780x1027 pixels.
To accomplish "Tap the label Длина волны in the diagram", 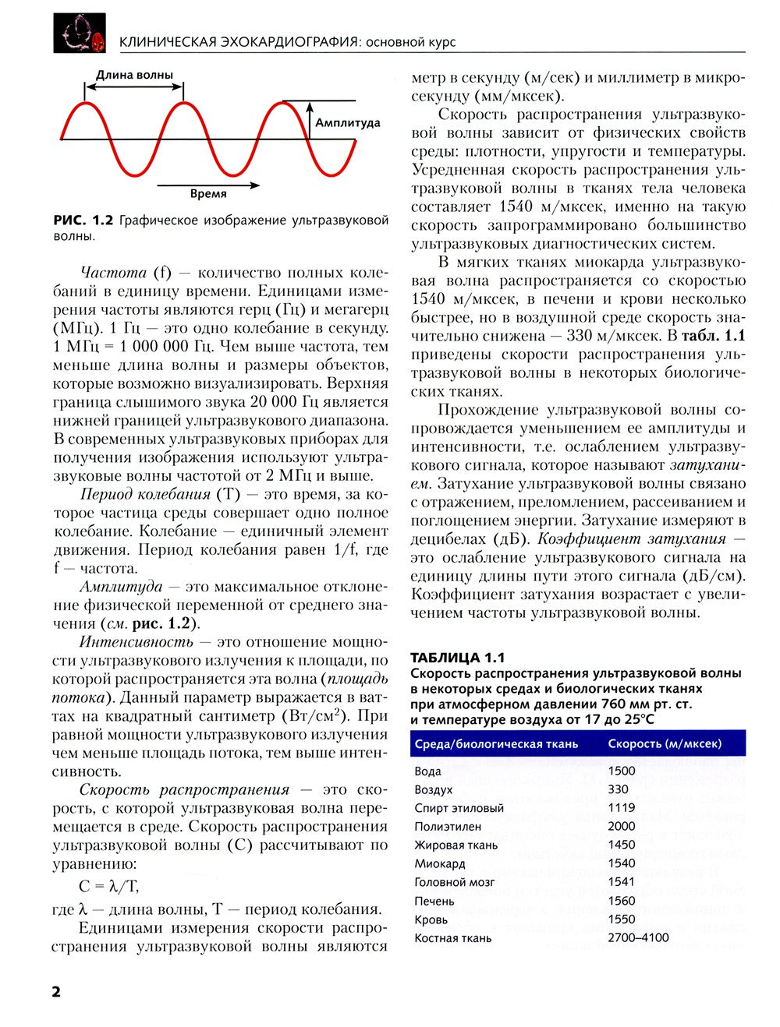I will click(x=134, y=76).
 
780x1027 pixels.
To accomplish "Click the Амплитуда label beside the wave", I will click(x=347, y=123).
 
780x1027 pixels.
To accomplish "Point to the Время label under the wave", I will click(x=208, y=194).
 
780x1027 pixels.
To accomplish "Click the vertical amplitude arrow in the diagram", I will click(x=309, y=121).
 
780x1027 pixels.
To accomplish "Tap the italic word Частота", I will click(x=113, y=273).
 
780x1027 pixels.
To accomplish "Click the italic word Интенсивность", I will click(x=136, y=642).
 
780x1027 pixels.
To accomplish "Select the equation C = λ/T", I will click(x=109, y=886).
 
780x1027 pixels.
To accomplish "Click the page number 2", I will click(x=56, y=991).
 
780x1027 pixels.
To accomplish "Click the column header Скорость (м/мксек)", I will click(x=665, y=744).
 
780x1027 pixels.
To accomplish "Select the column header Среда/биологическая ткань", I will click(x=496, y=744).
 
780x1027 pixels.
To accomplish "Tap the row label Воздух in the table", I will click(x=434, y=789).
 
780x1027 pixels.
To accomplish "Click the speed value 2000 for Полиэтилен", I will click(x=622, y=826).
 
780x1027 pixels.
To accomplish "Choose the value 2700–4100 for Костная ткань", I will click(x=638, y=937).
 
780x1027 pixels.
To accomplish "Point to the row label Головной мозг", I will click(x=455, y=882).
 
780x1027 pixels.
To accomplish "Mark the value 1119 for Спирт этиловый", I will click(x=622, y=808).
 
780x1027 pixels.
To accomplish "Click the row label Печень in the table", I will click(x=434, y=901).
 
